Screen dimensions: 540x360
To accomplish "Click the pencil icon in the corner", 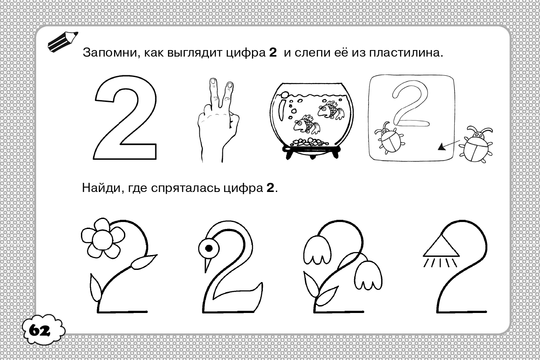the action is point(63,41).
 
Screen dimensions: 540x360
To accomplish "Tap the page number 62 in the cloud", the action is point(40,331).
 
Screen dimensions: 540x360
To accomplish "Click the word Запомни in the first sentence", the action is point(110,53).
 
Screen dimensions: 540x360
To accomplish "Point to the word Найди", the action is point(101,188).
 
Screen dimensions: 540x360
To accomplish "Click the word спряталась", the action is point(186,188).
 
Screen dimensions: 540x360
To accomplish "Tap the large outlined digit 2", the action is point(125,118).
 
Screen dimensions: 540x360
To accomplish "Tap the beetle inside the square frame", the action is point(389,138).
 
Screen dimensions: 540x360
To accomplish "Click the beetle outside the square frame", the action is point(476,144).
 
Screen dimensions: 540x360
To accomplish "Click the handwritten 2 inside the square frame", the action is point(410,104).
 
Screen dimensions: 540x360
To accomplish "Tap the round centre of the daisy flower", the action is point(102,240).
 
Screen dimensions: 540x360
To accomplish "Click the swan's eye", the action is point(209,248).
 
